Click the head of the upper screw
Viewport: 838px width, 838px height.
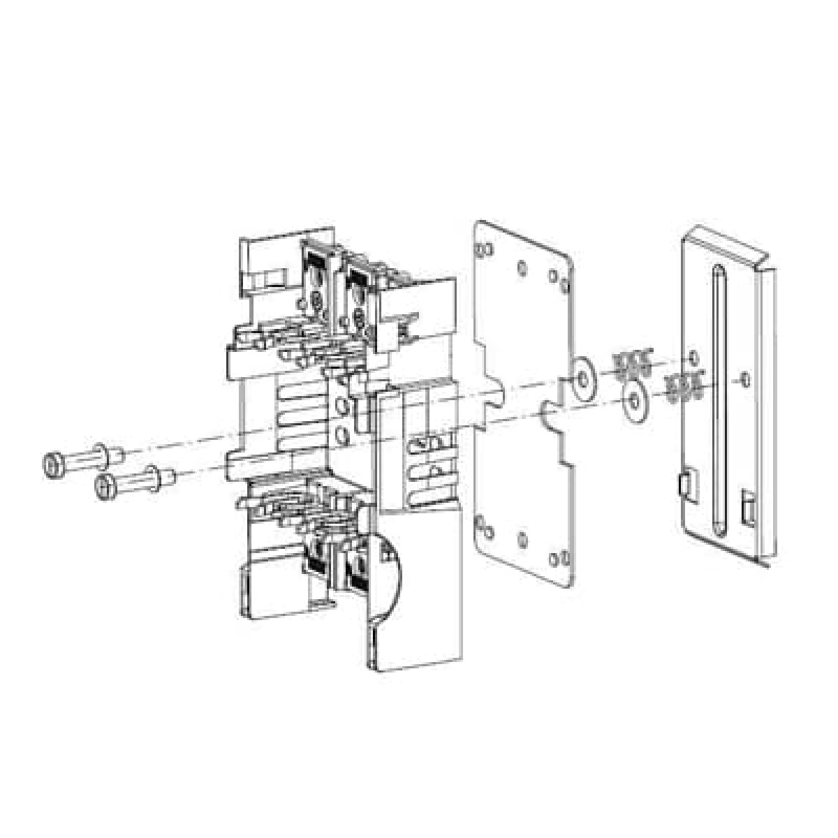pyautogui.click(x=53, y=462)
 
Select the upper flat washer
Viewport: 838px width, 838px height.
pyautogui.click(x=581, y=378)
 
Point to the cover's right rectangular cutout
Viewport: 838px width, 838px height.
pyautogui.click(x=747, y=508)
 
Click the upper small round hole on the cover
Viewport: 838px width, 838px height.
pyautogui.click(x=692, y=357)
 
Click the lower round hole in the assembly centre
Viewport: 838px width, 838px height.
pyautogui.click(x=341, y=436)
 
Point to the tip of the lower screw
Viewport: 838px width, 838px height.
pyautogui.click(x=175, y=476)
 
